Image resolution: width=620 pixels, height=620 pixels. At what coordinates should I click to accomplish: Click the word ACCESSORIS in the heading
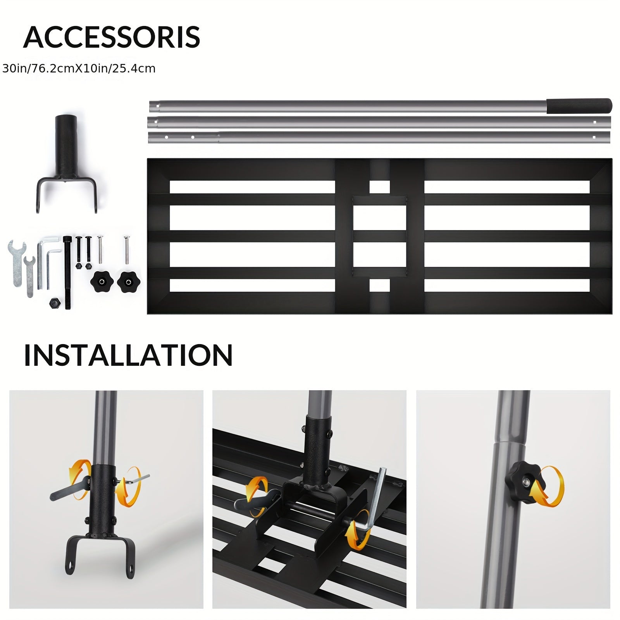click(112, 37)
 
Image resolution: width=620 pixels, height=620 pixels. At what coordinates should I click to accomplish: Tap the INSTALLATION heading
click(128, 355)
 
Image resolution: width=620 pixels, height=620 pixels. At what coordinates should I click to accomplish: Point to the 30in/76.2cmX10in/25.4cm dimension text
click(79, 69)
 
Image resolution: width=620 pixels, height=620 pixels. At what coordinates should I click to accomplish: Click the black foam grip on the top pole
click(579, 105)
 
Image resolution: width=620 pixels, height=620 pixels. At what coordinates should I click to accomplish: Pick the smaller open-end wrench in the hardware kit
click(29, 276)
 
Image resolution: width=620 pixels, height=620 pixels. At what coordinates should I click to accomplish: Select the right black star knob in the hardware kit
click(128, 281)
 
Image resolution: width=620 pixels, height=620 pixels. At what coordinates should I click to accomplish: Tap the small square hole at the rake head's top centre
click(379, 187)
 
